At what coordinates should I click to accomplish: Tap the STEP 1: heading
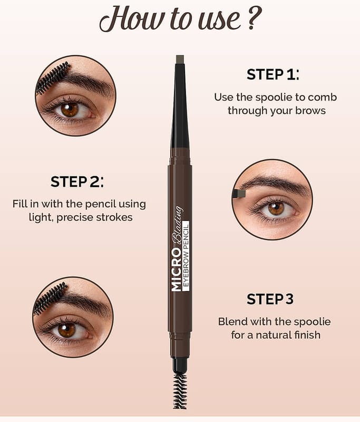click(273, 74)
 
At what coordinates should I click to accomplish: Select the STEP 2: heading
click(77, 181)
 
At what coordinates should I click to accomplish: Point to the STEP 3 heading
click(270, 299)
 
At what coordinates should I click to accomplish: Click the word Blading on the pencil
click(177, 226)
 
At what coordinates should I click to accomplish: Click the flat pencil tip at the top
click(180, 60)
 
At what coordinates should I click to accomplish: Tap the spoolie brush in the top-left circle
click(52, 78)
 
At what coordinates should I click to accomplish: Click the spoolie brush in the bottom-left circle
click(50, 298)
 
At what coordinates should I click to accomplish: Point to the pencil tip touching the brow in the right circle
click(239, 194)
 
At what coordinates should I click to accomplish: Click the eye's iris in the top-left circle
click(69, 110)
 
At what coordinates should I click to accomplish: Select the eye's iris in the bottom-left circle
click(66, 330)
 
